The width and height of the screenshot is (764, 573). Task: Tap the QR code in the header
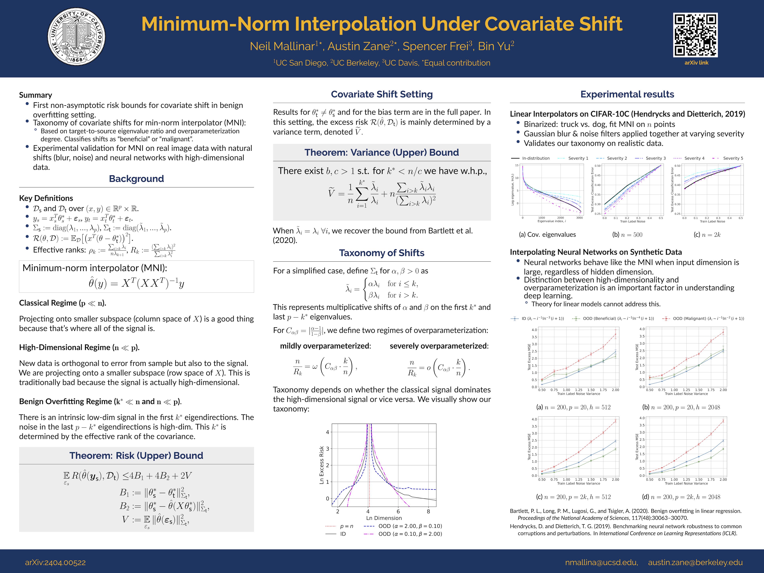pos(695,35)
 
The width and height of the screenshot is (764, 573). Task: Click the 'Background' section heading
pos(136,179)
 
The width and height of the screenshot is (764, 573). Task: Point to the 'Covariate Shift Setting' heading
pos(382,94)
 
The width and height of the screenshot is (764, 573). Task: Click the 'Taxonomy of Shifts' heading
pos(382,253)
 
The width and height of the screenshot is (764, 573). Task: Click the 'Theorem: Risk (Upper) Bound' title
pos(136,456)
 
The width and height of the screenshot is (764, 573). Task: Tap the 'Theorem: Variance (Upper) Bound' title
pos(382,152)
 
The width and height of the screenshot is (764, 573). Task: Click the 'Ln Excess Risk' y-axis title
pos(322,465)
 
